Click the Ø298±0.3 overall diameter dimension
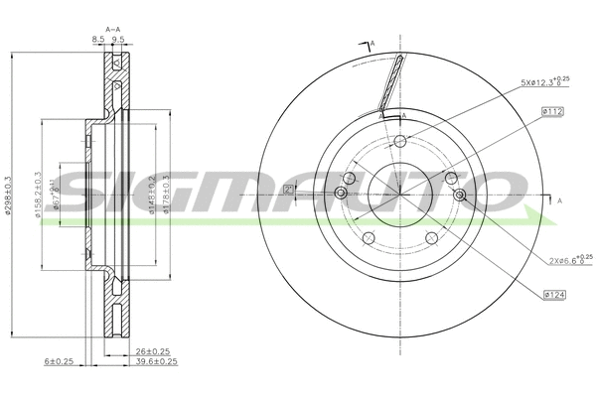click(x=8, y=196)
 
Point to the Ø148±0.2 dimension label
click(x=153, y=196)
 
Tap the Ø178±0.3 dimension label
click(x=166, y=196)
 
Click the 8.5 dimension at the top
click(x=97, y=40)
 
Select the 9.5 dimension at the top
click(x=117, y=40)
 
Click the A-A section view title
click(x=111, y=29)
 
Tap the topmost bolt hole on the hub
click(x=400, y=141)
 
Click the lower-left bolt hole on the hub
click(x=367, y=238)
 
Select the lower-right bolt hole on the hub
click(x=431, y=238)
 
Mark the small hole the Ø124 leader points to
click(x=459, y=195)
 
